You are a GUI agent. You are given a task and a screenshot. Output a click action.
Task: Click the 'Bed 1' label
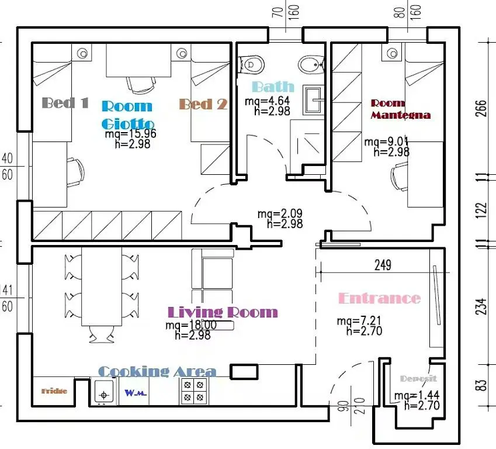click(x=65, y=103)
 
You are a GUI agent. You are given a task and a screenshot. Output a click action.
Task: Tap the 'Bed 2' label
click(x=202, y=104)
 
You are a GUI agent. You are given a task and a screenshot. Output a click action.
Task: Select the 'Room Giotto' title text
click(x=127, y=115)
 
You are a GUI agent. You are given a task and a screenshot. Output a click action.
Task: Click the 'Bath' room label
click(x=273, y=88)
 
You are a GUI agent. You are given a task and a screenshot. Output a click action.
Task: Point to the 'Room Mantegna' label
click(x=400, y=109)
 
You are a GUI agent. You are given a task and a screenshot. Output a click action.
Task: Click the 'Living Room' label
click(x=223, y=312)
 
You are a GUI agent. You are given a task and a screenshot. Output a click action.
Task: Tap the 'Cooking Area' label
click(x=157, y=372)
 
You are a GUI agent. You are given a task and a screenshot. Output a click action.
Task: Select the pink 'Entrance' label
click(x=379, y=298)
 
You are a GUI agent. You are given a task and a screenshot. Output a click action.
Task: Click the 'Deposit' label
click(x=418, y=379)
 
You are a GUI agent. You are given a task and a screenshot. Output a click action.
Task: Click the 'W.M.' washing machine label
click(x=135, y=393)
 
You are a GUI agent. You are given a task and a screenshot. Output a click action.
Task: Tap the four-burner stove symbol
click(x=194, y=391)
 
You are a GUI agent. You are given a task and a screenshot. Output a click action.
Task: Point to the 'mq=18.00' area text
click(x=191, y=326)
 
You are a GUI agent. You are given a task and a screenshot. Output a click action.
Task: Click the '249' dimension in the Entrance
click(x=382, y=265)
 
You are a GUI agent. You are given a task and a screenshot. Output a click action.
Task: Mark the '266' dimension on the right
click(x=481, y=108)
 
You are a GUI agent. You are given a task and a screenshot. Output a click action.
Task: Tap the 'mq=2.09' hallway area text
click(x=279, y=214)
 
